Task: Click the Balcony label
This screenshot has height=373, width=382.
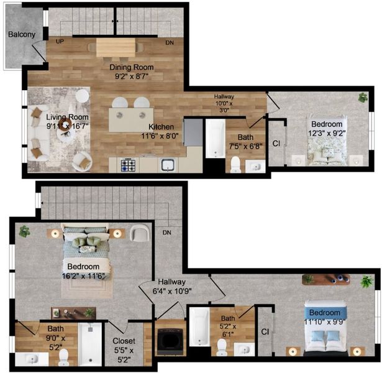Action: tap(22, 34)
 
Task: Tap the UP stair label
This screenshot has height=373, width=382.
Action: tap(60, 42)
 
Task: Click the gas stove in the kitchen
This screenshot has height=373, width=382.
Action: tap(128, 165)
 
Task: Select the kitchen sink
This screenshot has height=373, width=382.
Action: tap(168, 165)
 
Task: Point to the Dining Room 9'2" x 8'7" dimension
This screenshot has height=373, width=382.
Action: tap(132, 76)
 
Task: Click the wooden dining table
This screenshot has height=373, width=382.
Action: tap(116, 47)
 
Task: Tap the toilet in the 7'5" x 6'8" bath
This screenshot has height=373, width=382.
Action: tap(235, 164)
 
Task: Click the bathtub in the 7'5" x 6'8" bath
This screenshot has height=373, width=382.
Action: tap(216, 138)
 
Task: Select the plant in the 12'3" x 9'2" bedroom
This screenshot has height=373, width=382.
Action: tap(363, 98)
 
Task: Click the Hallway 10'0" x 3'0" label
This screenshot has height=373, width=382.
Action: tap(224, 103)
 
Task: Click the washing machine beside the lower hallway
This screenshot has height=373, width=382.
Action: tap(170, 341)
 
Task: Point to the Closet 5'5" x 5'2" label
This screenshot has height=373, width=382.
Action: tap(124, 350)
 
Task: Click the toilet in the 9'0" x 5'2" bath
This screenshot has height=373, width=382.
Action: tap(64, 357)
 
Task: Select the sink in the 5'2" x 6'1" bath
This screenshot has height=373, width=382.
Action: tap(244, 349)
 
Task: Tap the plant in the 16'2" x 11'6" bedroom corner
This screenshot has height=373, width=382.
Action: tap(25, 231)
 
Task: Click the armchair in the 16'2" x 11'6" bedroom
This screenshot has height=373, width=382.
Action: tap(140, 233)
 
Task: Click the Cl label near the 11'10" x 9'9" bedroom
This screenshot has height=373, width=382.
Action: tap(265, 331)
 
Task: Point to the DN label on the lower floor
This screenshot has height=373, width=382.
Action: tap(167, 233)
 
